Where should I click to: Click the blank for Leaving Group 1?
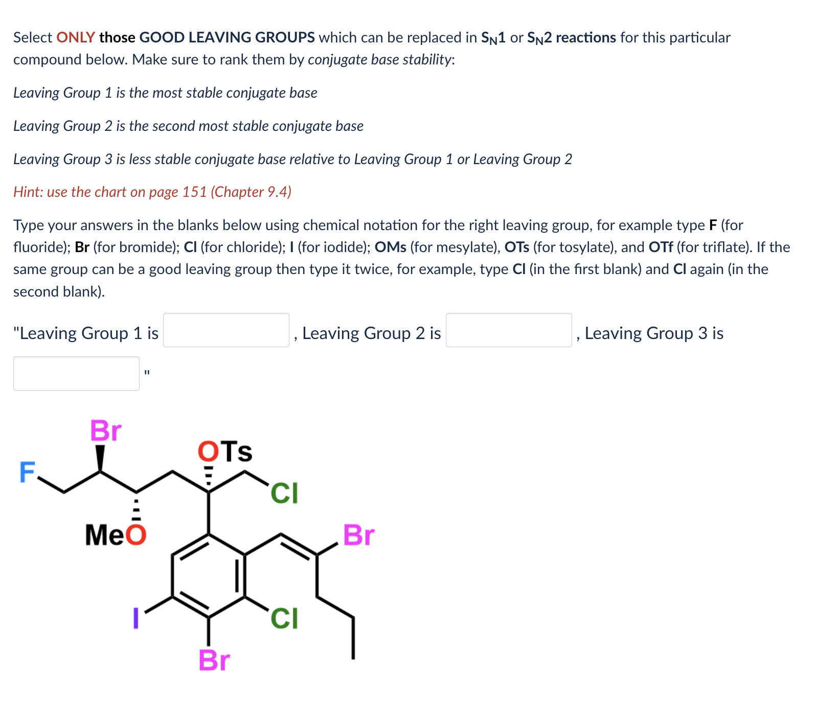tap(226, 330)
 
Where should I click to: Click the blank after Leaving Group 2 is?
tap(508, 330)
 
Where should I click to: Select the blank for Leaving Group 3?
tap(76, 373)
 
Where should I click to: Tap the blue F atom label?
tap(27, 471)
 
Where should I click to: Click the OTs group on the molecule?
tap(225, 452)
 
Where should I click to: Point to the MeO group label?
tap(116, 535)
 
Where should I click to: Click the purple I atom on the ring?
tap(135, 618)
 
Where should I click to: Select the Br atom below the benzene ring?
tap(214, 660)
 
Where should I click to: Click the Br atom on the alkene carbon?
tap(358, 535)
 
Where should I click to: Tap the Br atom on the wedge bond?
tap(106, 431)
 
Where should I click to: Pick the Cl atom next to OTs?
tap(284, 493)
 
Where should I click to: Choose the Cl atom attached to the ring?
tap(284, 618)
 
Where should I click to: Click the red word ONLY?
tap(76, 37)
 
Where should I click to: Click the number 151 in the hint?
tap(194, 192)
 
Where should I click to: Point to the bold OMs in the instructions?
tap(390, 247)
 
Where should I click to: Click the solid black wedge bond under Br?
tap(101, 458)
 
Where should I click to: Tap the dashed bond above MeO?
tap(136, 506)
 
